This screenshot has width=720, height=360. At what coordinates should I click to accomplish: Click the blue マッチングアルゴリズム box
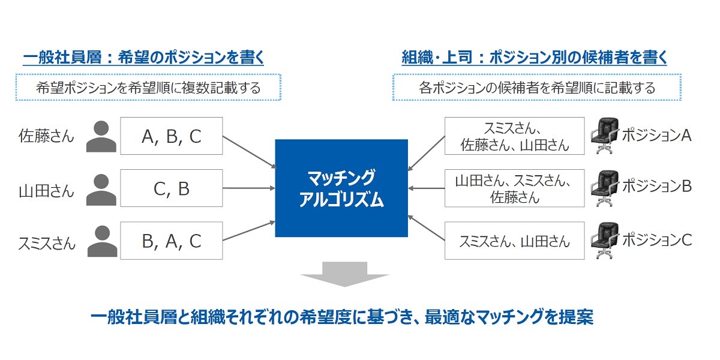click(341, 188)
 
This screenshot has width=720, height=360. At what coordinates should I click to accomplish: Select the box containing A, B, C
click(171, 137)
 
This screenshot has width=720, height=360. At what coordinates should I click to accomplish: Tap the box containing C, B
click(171, 189)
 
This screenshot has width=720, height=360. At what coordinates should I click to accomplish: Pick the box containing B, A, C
click(171, 241)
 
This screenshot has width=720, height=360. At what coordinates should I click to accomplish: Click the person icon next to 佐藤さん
click(101, 137)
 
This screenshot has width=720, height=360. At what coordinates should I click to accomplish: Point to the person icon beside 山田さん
click(101, 190)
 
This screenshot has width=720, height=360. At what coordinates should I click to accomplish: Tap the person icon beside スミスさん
click(101, 241)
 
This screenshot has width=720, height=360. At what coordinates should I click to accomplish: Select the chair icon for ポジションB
click(604, 188)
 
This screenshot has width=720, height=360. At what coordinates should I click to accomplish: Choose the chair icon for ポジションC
click(604, 241)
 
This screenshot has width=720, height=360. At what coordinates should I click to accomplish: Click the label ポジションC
click(656, 241)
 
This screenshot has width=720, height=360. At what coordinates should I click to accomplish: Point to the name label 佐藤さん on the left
click(46, 137)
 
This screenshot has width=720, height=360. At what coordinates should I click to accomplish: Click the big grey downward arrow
click(345, 274)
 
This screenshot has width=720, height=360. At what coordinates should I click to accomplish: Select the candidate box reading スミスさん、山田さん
click(514, 241)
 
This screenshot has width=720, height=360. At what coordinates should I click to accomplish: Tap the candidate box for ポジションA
click(514, 137)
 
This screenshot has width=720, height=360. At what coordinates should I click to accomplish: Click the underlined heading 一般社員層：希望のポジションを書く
click(143, 58)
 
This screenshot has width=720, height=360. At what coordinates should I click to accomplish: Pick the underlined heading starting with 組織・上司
click(534, 58)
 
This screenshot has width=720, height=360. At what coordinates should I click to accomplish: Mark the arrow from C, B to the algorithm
click(248, 188)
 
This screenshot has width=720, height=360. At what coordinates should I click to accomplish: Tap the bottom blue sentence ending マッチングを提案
click(341, 317)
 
